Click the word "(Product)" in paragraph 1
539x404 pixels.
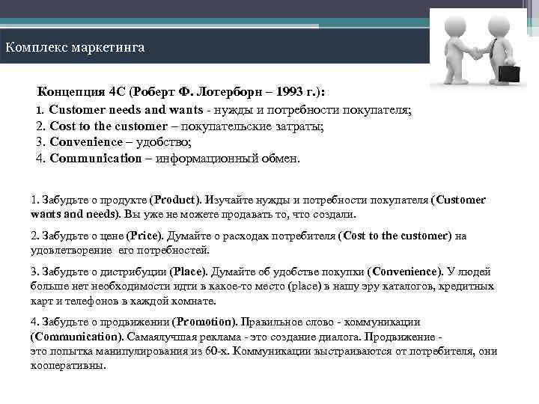point(175,201)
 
